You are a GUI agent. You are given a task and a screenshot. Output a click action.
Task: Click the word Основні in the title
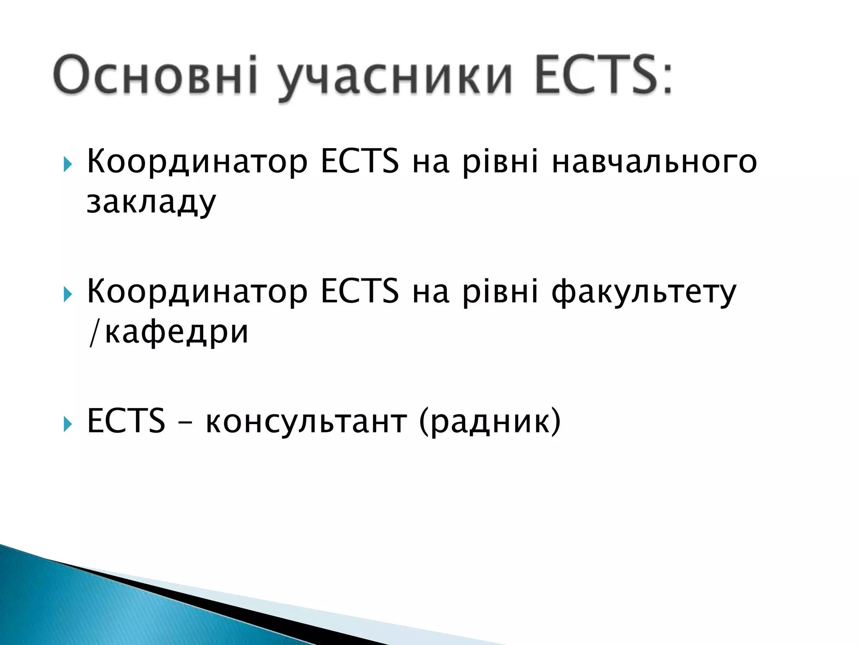click(155, 75)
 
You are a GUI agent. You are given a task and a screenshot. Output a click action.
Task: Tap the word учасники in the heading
click(395, 78)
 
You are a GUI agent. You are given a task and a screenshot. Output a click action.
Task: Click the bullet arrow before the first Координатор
click(68, 165)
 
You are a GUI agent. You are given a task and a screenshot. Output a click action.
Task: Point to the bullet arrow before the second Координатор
click(68, 295)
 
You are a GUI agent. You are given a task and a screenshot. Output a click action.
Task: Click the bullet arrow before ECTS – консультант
click(68, 425)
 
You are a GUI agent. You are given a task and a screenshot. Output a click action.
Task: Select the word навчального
click(654, 163)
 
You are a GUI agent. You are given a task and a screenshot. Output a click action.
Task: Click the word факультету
click(644, 293)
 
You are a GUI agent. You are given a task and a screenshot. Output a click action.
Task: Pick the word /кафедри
click(168, 333)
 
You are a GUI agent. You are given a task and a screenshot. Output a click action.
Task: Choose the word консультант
click(306, 422)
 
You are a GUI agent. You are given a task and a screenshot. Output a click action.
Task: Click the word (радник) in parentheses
click(490, 422)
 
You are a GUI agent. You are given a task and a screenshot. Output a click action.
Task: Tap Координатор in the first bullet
click(197, 163)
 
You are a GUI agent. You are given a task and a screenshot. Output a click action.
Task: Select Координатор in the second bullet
click(197, 293)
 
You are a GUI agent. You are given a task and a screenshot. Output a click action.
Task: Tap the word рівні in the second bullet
click(500, 293)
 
